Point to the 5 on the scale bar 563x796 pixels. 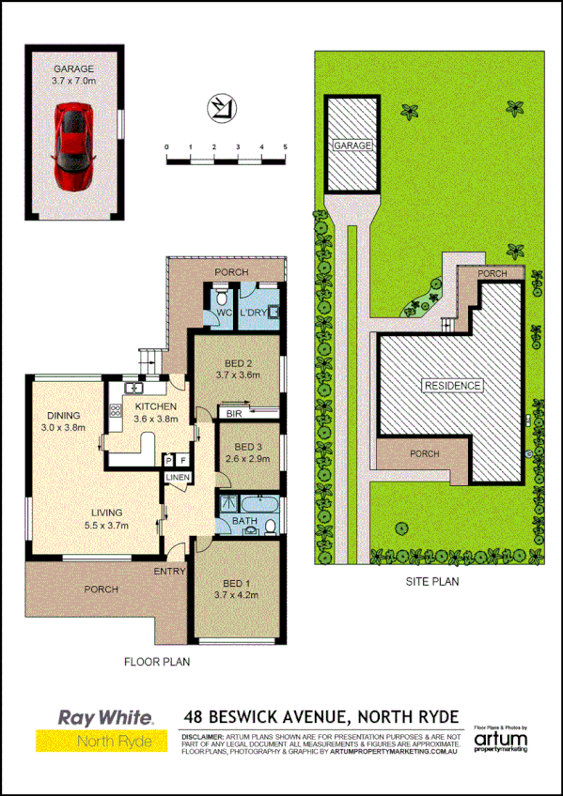[x=285, y=146]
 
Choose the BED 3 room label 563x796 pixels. [x=248, y=446]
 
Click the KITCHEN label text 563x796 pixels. [x=155, y=406]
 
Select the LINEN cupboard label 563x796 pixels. [x=178, y=478]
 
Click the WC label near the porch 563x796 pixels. [x=224, y=311]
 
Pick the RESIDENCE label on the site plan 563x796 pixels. [x=452, y=386]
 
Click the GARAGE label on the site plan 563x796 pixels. [x=352, y=146]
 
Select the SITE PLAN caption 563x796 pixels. [x=431, y=581]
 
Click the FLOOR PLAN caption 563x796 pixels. [x=157, y=662]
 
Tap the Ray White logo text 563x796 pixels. [x=105, y=717]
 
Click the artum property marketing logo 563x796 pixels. [x=501, y=742]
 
